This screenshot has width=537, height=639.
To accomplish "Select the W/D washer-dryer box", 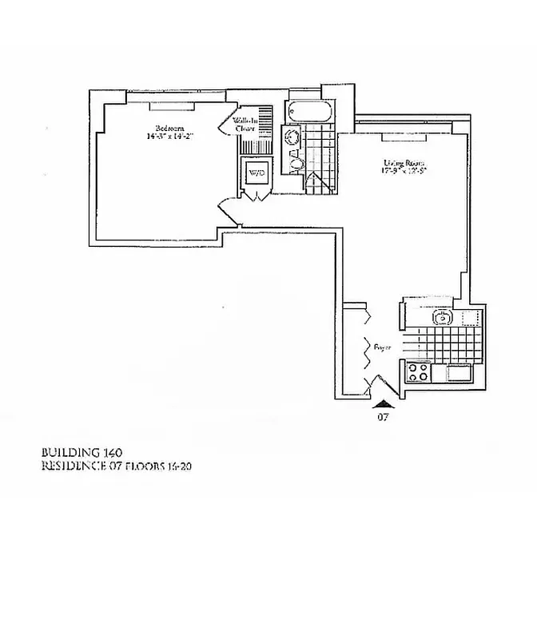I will [x=257, y=173].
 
